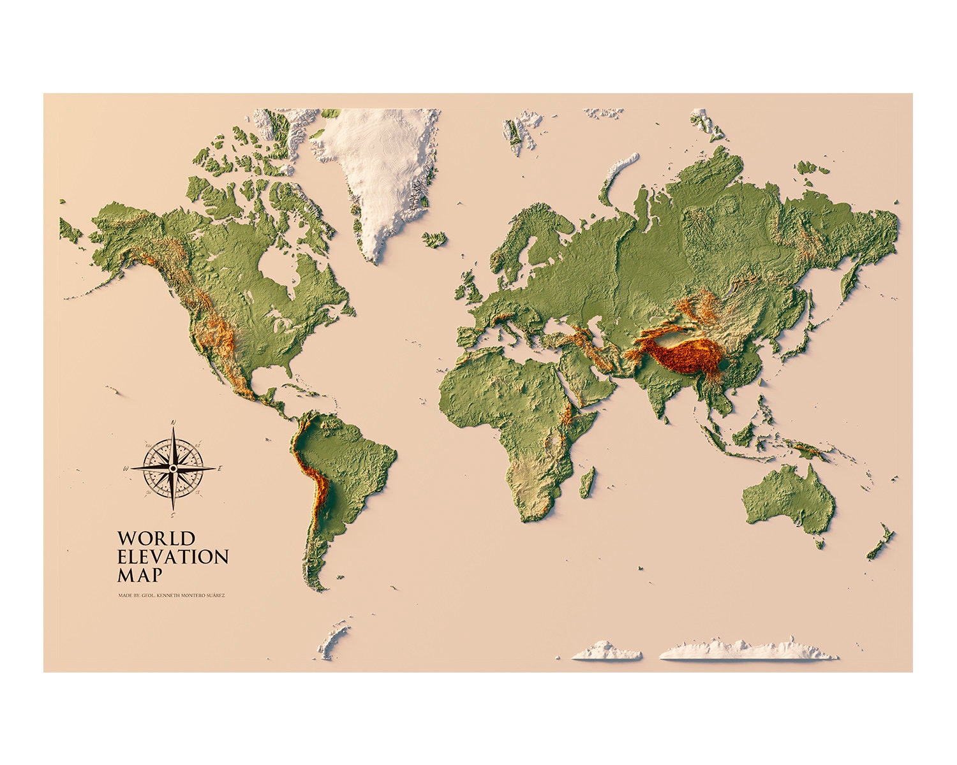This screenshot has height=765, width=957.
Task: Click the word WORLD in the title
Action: point(156,539)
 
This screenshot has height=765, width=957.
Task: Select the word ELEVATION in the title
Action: point(173,557)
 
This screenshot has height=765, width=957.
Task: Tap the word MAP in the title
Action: point(140,574)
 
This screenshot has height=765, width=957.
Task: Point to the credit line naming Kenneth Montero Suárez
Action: point(172,595)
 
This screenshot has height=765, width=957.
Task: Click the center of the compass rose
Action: point(172,468)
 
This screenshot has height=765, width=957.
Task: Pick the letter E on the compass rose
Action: point(219,469)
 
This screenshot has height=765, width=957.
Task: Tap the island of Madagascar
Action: point(588,483)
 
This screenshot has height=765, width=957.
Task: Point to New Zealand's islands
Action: point(881,542)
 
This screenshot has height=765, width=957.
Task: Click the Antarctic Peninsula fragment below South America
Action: point(334,637)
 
